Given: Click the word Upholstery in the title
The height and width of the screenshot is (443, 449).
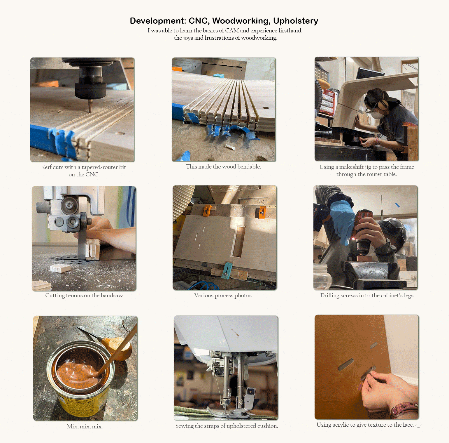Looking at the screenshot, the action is [296, 21].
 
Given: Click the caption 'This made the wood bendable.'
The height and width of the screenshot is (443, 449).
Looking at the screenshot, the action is [224, 166].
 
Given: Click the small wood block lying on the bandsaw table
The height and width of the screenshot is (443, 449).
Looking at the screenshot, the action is [60, 268].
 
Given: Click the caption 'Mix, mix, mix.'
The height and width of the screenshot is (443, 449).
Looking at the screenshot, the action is [85, 426].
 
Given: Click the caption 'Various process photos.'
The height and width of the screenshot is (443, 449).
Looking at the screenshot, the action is [224, 295].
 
